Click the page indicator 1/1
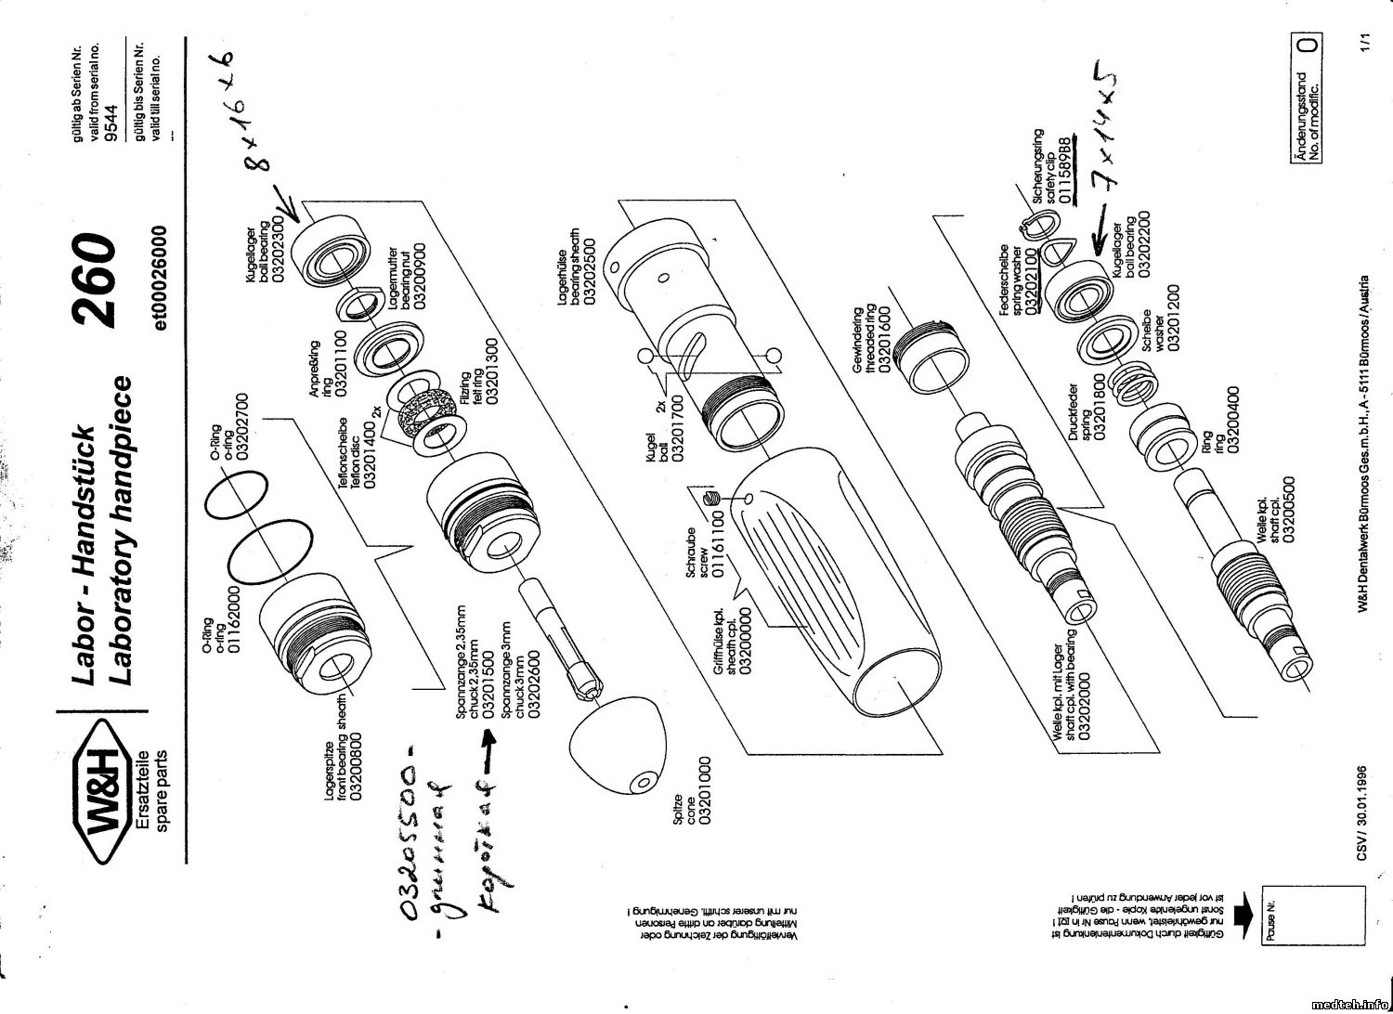tap(1364, 42)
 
